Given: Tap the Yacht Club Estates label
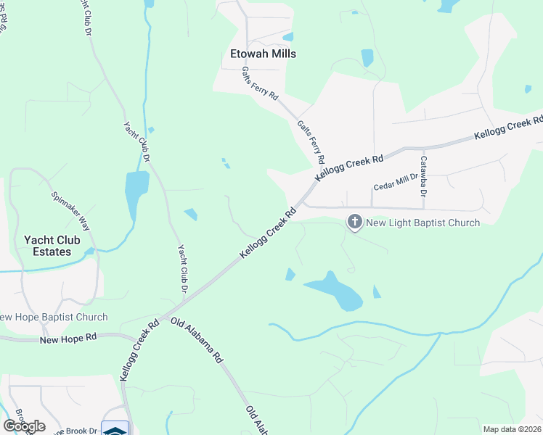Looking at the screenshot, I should click(48, 246).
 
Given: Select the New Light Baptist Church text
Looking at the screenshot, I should click(423, 223).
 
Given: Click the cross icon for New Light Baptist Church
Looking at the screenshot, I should click(355, 221).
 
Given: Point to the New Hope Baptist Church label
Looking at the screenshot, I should click(54, 317).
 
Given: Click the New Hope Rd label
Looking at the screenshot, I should click(68, 339).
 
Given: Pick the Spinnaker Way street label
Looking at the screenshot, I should click(70, 211).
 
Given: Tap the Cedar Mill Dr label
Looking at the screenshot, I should click(396, 182).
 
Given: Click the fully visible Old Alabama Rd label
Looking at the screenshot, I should click(197, 340).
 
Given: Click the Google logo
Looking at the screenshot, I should click(24, 426).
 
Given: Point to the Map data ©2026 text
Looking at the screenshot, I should click(511, 429).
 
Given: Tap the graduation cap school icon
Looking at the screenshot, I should click(115, 428).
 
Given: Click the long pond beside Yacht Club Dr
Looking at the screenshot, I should click(136, 192).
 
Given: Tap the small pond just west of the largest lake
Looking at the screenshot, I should click(290, 274).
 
